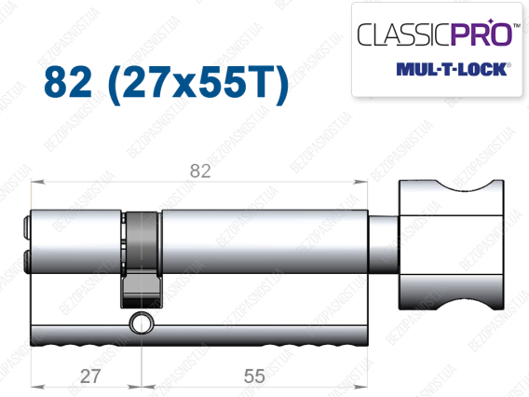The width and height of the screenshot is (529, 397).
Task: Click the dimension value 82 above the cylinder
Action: point(200,171)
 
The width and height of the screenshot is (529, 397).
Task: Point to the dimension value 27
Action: point(90,376)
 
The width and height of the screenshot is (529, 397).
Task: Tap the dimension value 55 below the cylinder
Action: point(254,376)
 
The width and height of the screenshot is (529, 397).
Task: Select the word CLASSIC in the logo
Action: point(404,34)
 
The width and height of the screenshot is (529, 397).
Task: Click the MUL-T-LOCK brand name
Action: point(452,69)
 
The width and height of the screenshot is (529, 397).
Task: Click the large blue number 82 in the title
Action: point(68,82)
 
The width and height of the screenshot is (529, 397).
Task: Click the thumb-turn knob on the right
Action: point(452,245)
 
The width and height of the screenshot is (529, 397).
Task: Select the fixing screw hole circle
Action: point(141,323)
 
